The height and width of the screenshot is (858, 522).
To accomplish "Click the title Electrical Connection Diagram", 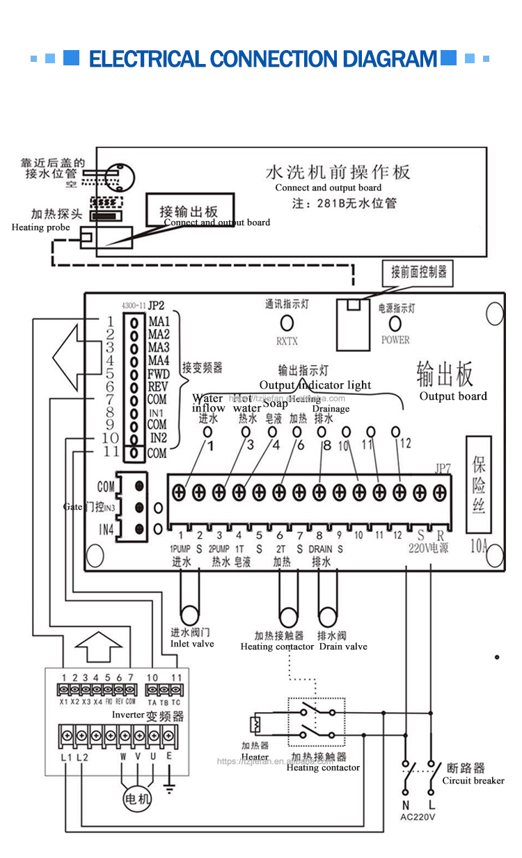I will tap(263, 58).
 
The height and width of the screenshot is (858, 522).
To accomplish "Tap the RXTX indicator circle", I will tap(285, 323).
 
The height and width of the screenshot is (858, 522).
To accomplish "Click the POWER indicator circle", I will tap(395, 323).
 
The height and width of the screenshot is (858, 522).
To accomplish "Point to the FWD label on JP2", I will tap(158, 374).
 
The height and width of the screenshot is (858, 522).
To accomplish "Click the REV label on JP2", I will tap(158, 387).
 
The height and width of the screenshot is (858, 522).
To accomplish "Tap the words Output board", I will tap(453, 396).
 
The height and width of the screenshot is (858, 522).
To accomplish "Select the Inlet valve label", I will tap(192, 644).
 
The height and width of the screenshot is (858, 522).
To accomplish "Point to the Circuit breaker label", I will tap(473, 781).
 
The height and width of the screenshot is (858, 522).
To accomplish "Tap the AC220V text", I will tap(418, 817).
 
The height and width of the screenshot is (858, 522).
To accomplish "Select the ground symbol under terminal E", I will tap(168, 788).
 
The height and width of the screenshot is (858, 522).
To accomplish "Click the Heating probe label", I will tap(40, 227).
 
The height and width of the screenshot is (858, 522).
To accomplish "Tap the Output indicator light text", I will tap(315, 385).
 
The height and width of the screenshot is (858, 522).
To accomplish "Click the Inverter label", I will tap(129, 715).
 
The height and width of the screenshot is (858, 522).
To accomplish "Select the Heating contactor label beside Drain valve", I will tap(277, 647).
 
